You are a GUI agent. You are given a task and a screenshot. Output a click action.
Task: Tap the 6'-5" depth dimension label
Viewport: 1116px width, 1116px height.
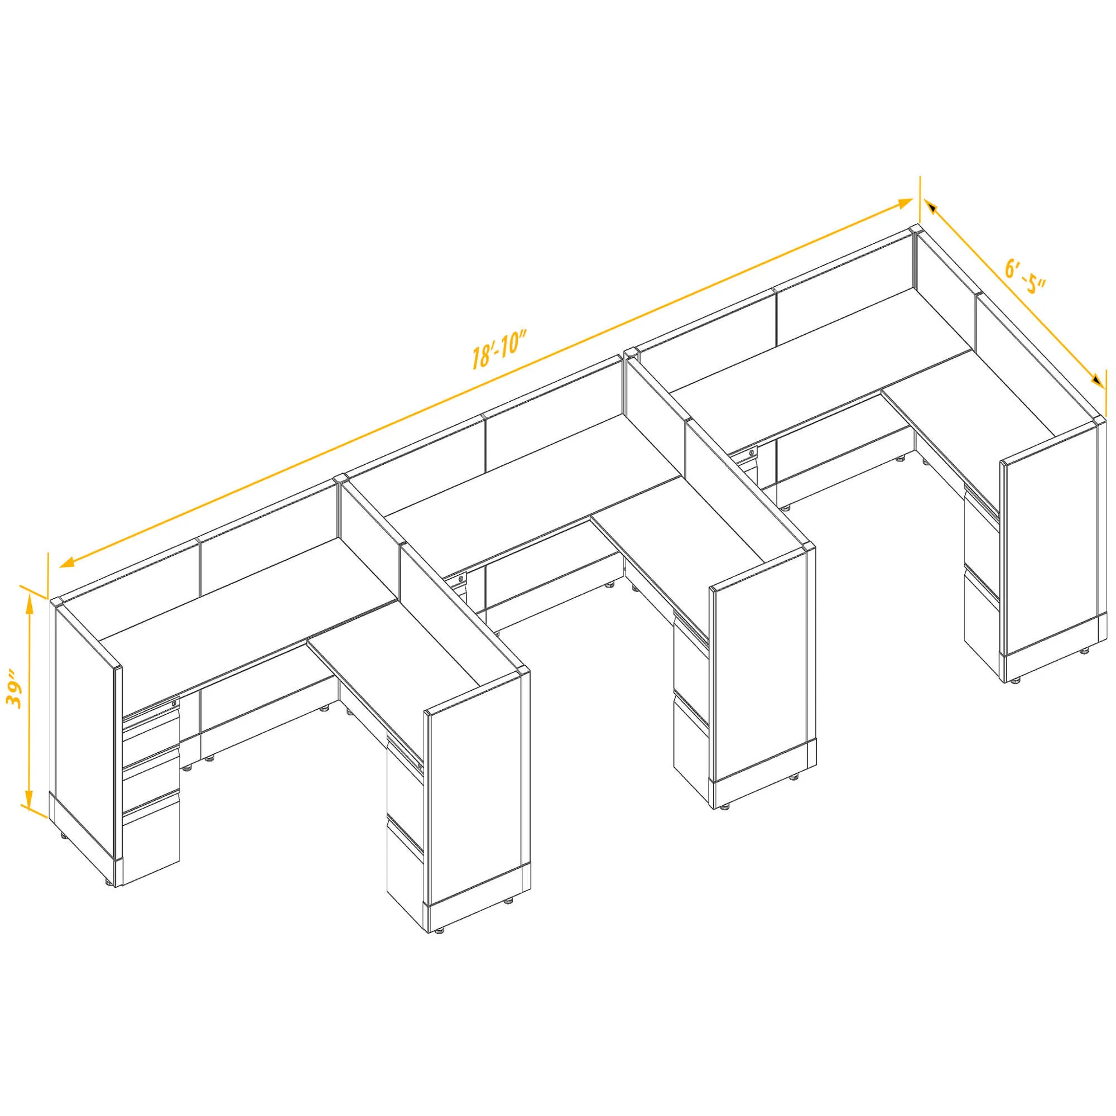coord(1025,277)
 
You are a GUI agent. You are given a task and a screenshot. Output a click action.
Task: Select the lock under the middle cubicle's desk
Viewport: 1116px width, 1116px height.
coord(460,578)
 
